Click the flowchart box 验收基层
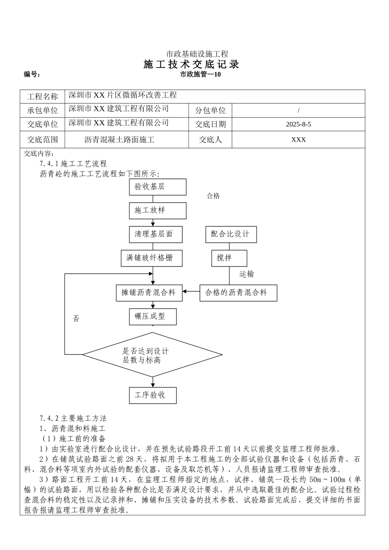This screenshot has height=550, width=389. (157, 187)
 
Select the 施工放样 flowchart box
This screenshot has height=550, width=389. (157, 210)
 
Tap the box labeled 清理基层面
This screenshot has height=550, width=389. (155, 234)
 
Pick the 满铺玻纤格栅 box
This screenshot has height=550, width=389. (151, 258)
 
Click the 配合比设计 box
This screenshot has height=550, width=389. (231, 234)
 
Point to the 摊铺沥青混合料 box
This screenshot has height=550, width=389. (149, 293)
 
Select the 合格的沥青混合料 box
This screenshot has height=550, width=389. (238, 293)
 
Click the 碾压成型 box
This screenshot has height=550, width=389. (153, 316)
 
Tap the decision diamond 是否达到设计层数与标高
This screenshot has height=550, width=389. (152, 354)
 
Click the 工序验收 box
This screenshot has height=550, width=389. (153, 395)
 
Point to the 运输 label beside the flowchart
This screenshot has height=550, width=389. (247, 274)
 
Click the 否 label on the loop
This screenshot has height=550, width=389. (76, 319)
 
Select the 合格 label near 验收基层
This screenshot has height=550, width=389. (213, 196)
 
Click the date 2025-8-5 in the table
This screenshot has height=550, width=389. (298, 124)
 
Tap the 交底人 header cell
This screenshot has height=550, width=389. (210, 140)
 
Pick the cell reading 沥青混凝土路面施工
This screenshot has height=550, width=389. (119, 140)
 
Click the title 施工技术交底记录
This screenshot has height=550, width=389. (191, 64)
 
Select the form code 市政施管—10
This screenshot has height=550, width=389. (200, 74)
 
